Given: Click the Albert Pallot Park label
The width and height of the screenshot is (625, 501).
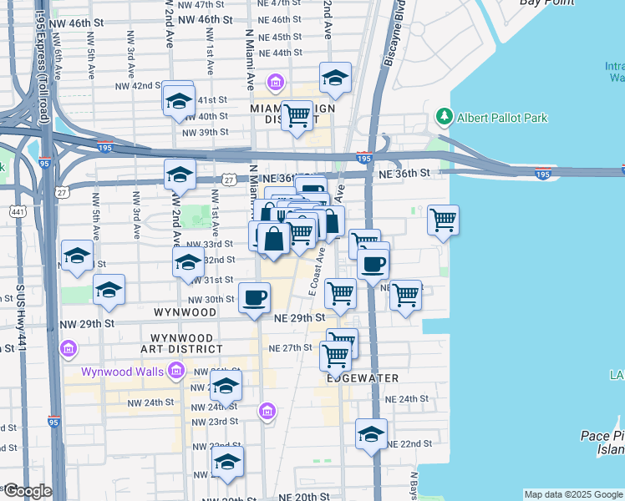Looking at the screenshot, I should [502, 118].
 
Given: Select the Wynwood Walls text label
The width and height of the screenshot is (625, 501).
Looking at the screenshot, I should [123, 372].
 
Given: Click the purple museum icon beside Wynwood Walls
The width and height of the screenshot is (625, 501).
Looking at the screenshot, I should [175, 370].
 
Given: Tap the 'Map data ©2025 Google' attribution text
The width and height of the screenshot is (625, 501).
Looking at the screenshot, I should [573, 494].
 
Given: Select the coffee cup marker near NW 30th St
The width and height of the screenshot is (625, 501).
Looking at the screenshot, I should [255, 297].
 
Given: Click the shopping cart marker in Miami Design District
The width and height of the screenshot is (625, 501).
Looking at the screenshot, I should [297, 116].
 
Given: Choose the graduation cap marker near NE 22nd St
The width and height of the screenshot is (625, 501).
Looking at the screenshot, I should [372, 434].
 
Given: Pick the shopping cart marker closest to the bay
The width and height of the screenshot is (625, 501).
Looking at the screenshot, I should [443, 221].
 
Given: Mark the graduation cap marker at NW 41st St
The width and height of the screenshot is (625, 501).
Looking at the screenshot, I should [178, 101].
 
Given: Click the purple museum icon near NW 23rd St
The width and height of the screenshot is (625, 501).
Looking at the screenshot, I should [267, 410].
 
